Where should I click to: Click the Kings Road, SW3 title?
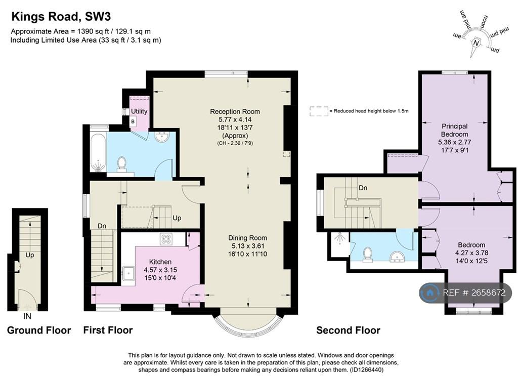61,17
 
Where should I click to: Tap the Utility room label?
139,111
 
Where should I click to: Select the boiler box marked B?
133,121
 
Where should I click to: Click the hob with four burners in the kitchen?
166,239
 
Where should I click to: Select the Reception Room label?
235,111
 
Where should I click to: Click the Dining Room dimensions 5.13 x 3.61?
247,246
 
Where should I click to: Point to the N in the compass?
476,43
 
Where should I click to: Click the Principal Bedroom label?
455,130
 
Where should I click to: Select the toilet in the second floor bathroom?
367,255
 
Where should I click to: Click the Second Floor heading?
348,330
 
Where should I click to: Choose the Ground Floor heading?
39,330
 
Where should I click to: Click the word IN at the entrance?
27,316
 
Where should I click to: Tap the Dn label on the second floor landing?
363,188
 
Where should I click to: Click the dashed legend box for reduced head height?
319,111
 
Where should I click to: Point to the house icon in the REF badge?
430,293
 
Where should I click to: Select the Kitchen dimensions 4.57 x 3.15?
160,270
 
